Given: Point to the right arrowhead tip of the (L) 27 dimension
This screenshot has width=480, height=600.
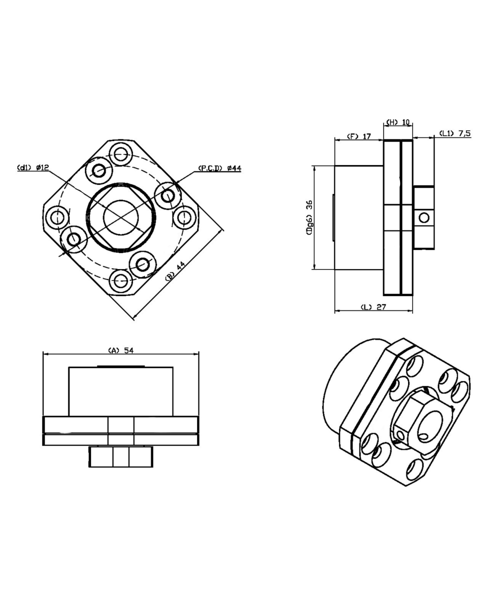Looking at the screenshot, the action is click(x=412, y=310).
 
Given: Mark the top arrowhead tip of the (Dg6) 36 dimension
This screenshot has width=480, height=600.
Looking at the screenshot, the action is click(x=314, y=165).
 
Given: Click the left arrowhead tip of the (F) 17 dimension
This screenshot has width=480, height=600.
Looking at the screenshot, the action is click(x=335, y=139).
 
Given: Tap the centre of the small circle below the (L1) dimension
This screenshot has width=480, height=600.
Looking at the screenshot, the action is click(x=424, y=217).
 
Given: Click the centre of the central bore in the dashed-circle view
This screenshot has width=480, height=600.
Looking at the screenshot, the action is click(x=121, y=217).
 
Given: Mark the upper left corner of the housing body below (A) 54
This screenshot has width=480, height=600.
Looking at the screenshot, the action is click(x=69, y=367).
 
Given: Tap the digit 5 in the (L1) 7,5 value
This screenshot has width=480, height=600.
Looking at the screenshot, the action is click(x=467, y=133).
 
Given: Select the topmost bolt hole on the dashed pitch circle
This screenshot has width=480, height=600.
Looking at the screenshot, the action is click(x=121, y=154).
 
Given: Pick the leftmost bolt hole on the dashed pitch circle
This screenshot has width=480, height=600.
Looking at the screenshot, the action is click(x=57, y=217).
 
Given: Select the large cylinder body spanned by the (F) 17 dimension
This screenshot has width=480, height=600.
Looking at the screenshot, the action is click(x=359, y=218).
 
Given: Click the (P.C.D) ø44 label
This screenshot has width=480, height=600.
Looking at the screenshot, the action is click(x=220, y=168).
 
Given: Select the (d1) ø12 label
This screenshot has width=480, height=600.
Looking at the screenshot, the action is click(x=33, y=167).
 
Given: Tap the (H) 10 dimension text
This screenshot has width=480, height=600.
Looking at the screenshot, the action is click(x=398, y=122).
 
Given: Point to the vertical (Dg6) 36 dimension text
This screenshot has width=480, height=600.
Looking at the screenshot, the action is click(x=309, y=218).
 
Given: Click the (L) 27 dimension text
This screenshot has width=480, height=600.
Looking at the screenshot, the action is click(x=373, y=307).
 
